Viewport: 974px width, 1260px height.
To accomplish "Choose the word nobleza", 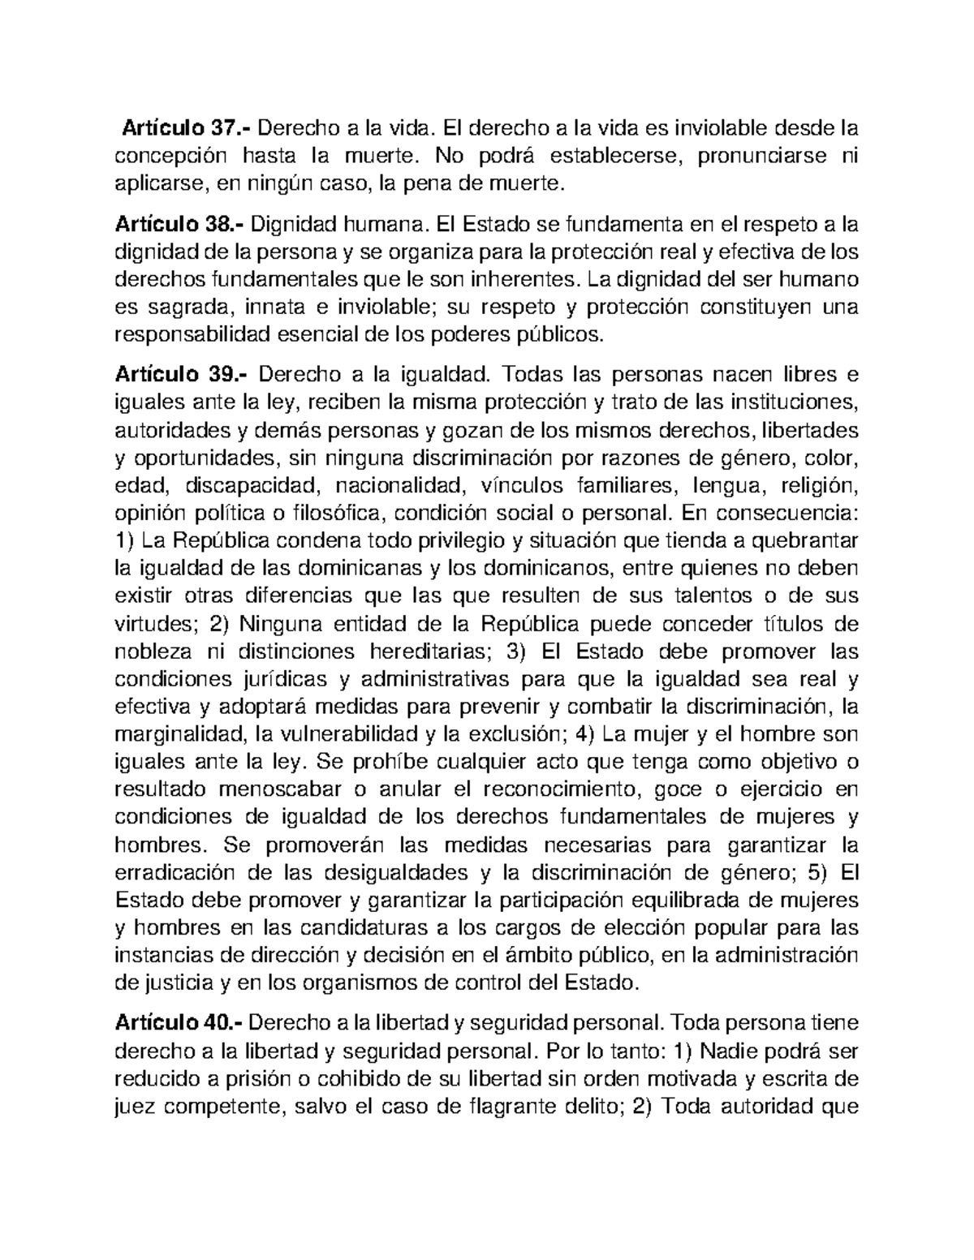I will (x=154, y=652).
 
